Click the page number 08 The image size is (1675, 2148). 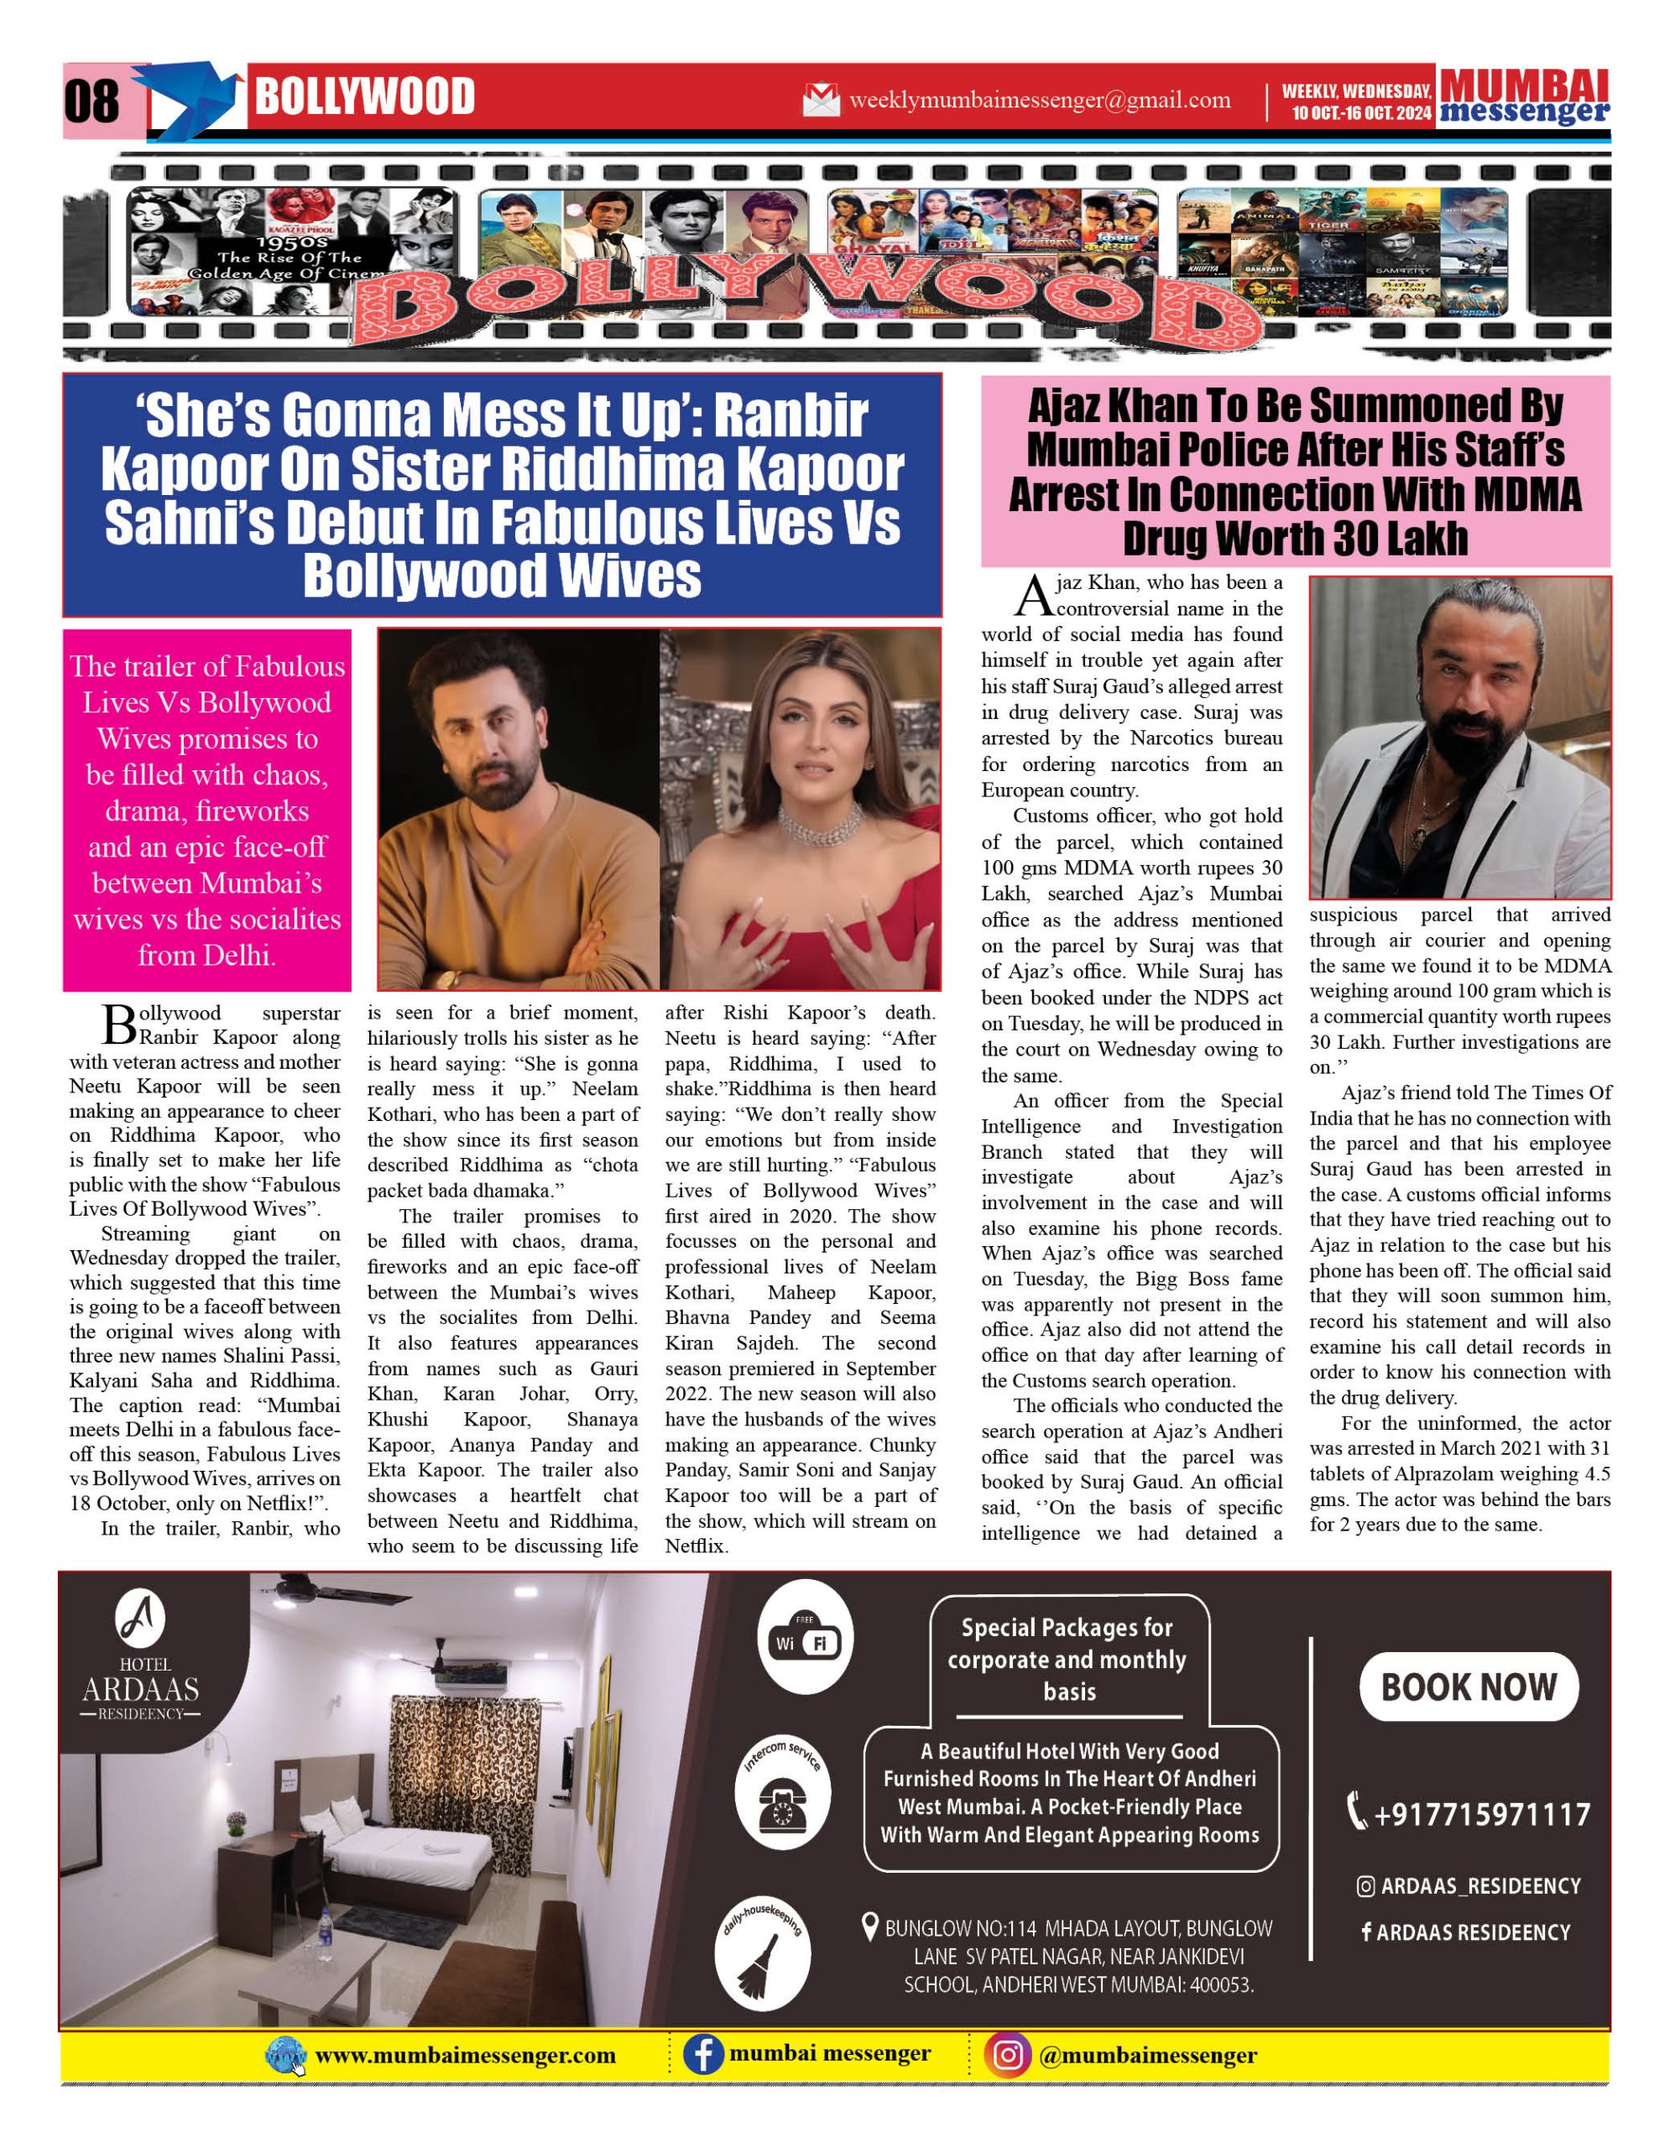coord(91,101)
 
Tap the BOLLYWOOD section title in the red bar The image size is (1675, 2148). coord(364,97)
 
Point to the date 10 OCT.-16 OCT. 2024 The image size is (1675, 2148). coord(1361,113)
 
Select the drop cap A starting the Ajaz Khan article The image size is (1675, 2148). coord(1034,596)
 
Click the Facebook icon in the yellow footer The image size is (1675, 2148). coord(703,2055)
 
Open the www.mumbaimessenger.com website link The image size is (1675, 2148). coord(465,2056)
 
